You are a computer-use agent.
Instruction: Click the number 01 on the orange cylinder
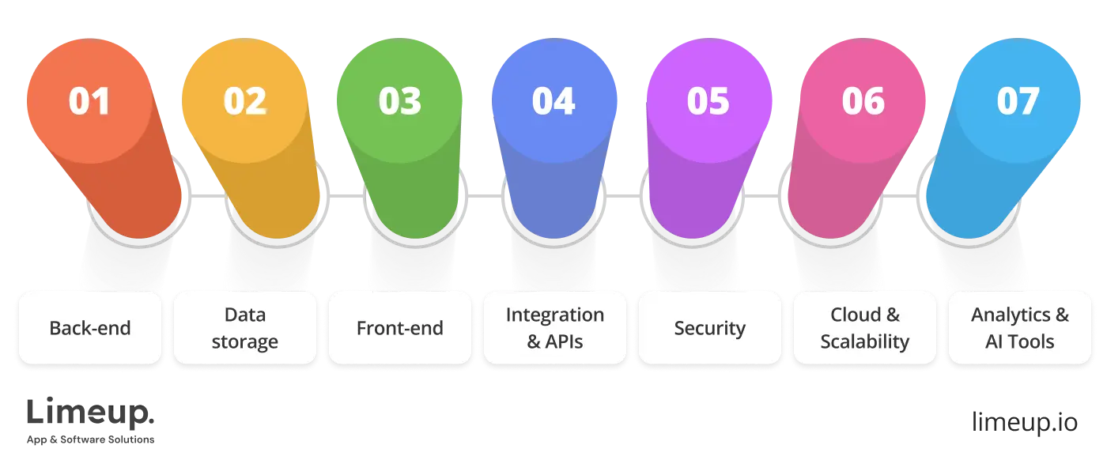(x=89, y=102)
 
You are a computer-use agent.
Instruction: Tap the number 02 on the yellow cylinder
(x=244, y=102)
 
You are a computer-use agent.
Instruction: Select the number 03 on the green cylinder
(x=399, y=102)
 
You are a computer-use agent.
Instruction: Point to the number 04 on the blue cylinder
(x=553, y=102)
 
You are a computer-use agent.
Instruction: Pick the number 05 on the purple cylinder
(x=708, y=102)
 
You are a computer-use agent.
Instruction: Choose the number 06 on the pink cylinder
(x=863, y=102)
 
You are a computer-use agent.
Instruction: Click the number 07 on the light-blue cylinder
(x=1018, y=102)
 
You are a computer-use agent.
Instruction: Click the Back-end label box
(x=89, y=328)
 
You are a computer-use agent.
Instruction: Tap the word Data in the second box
(x=244, y=315)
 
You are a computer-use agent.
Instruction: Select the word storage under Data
(x=244, y=342)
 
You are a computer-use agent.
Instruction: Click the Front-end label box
(x=399, y=328)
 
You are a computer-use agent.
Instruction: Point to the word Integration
(x=554, y=315)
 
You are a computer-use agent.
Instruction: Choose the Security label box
(x=709, y=328)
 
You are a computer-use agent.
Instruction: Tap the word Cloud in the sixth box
(x=854, y=315)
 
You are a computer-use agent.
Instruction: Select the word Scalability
(x=864, y=342)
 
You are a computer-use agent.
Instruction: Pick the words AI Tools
(x=1019, y=342)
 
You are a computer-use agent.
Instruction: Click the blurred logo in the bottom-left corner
(x=91, y=424)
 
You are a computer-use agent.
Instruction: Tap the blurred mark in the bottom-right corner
(x=1025, y=422)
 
